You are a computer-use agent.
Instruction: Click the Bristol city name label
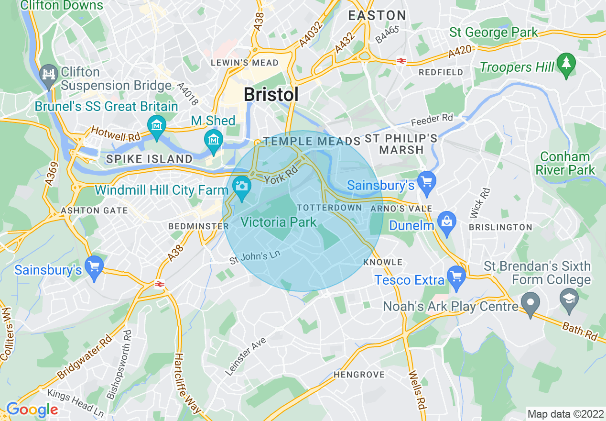(x=271, y=94)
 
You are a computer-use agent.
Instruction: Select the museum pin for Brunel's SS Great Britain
(x=156, y=125)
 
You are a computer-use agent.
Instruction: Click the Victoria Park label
(x=279, y=222)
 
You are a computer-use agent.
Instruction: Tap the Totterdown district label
(x=329, y=208)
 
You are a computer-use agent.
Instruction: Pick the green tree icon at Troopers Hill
(x=567, y=62)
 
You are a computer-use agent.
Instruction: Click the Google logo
(x=32, y=410)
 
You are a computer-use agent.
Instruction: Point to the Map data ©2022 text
(x=564, y=414)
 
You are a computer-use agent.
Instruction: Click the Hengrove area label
(x=359, y=375)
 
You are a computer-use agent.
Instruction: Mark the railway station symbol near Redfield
(x=401, y=61)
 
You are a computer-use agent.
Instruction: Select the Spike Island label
(x=150, y=159)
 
